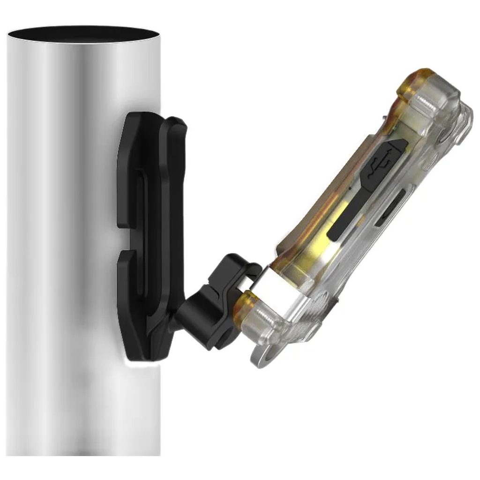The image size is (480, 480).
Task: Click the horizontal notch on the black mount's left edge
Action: point(123,241)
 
